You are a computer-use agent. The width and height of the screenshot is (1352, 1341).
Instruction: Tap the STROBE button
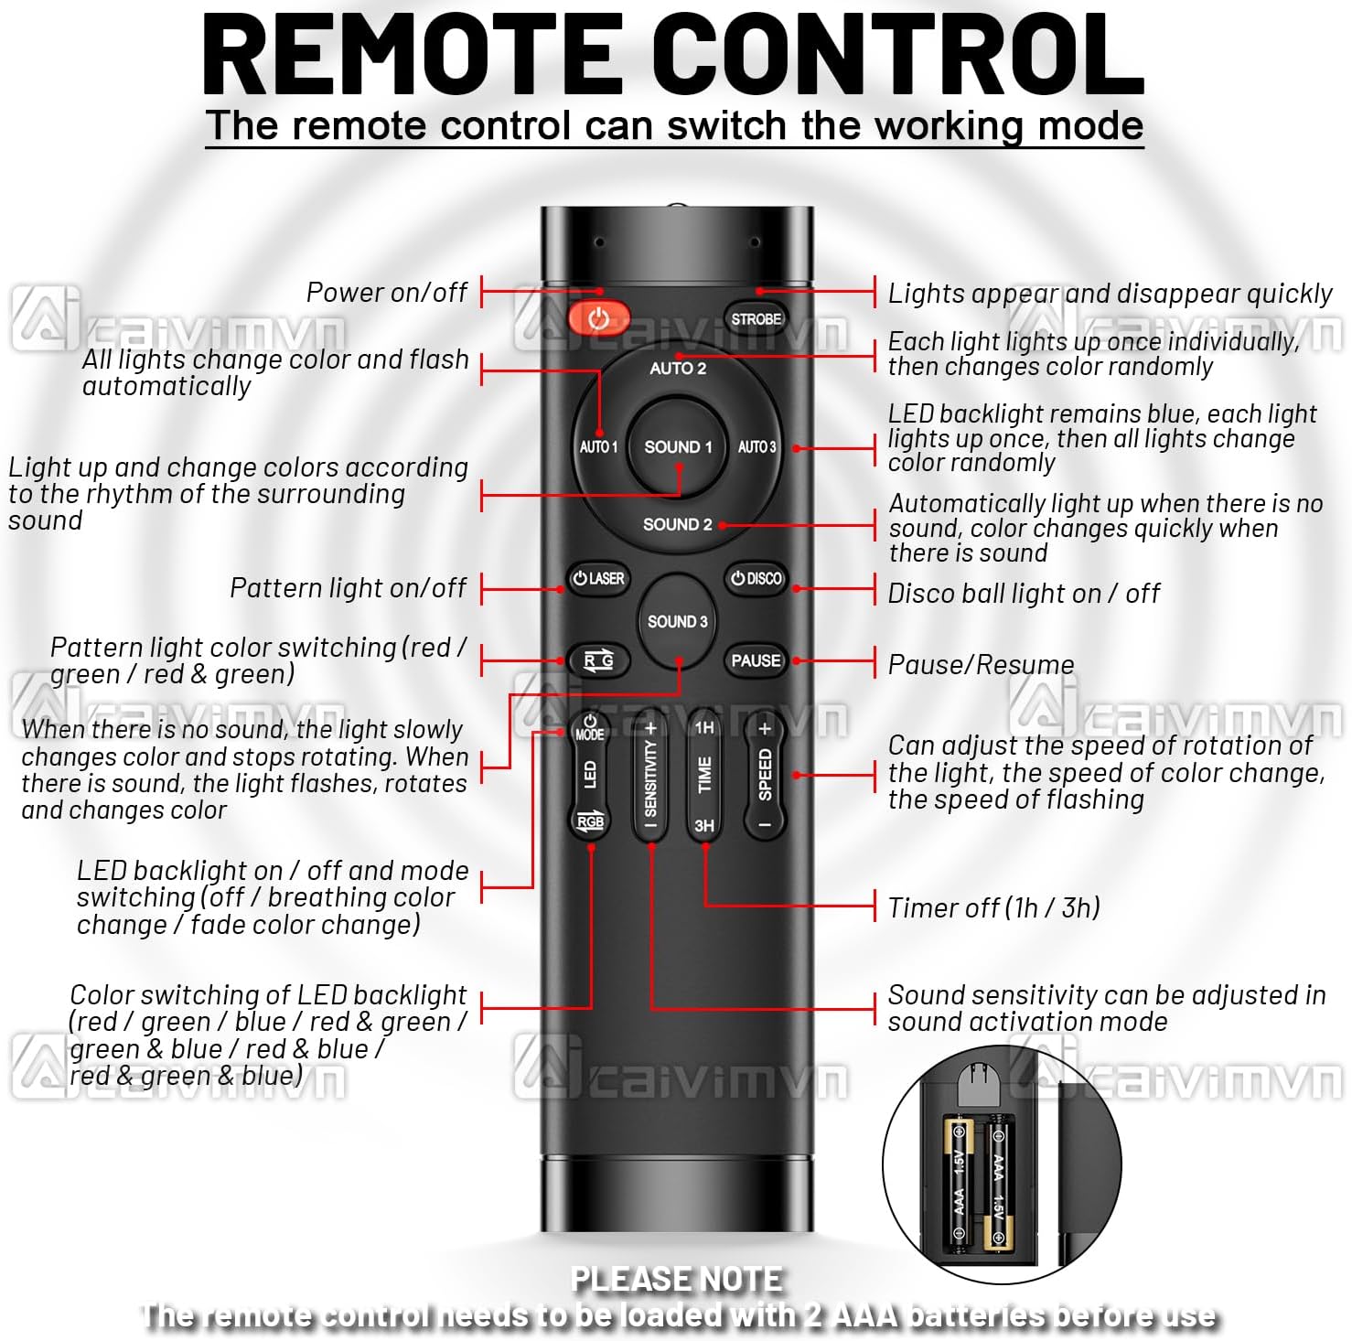[x=756, y=319]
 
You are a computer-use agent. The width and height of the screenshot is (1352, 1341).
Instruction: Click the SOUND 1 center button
[x=678, y=447]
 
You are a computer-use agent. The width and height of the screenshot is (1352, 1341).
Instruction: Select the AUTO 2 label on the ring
[x=678, y=369]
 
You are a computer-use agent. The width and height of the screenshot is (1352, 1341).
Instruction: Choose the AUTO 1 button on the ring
[x=598, y=447]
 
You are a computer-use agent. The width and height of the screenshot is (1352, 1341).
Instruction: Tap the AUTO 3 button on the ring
[x=756, y=447]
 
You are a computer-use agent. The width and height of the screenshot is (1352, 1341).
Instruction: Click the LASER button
[x=598, y=579]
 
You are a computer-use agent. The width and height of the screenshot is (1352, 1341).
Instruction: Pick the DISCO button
[x=756, y=579]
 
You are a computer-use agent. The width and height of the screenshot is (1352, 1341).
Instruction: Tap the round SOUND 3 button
[x=677, y=621]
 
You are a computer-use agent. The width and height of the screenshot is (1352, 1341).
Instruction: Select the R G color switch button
[x=598, y=660]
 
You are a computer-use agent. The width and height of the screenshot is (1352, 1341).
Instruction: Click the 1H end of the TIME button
[x=704, y=728]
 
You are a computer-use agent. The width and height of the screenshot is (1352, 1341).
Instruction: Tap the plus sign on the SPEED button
[x=766, y=729]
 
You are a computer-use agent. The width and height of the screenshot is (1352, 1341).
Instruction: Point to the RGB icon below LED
[x=590, y=821]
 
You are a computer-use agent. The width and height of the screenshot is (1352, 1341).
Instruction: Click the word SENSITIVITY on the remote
[x=650, y=778]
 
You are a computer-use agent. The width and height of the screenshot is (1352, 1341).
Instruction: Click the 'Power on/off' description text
[x=386, y=293]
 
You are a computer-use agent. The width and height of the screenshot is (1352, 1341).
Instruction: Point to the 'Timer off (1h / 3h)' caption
[x=994, y=907]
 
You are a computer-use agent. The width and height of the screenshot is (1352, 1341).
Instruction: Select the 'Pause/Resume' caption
[x=981, y=665]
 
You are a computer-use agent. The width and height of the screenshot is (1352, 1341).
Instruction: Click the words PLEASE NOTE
[x=677, y=1279]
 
